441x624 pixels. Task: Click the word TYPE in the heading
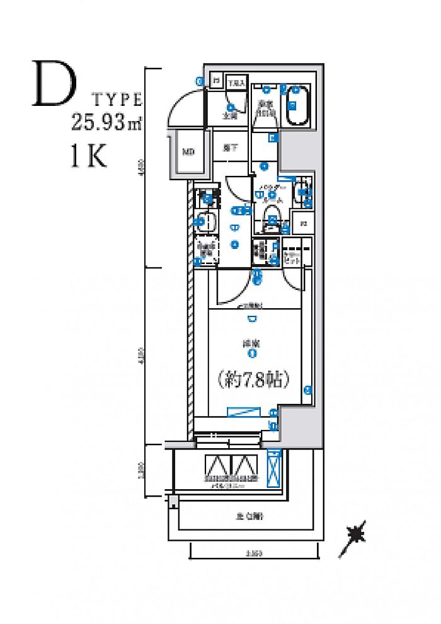[x=118, y=99]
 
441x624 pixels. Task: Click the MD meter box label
[x=188, y=152]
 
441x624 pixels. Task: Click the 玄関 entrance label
[x=230, y=116]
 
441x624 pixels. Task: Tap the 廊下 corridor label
[x=230, y=149]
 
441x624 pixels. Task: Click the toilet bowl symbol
[x=272, y=213]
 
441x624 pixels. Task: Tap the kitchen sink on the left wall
[x=206, y=222]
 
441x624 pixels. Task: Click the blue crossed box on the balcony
[x=273, y=470]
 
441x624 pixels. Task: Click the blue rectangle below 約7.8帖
[x=243, y=412]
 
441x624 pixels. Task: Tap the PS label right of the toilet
[x=303, y=224]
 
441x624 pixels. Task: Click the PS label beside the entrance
[x=215, y=81]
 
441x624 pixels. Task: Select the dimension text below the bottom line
[x=253, y=554]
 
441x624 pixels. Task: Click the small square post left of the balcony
[x=173, y=500]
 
